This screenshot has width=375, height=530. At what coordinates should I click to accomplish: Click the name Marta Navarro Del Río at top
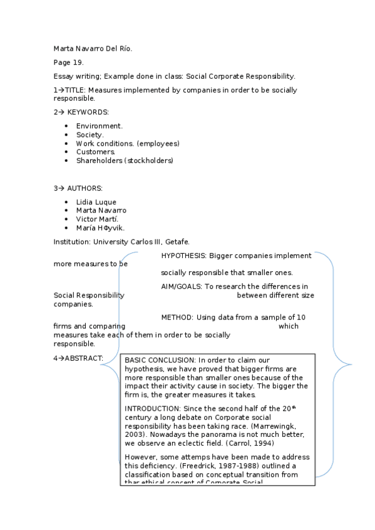(93, 48)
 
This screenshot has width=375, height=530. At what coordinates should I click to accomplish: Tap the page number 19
(78, 62)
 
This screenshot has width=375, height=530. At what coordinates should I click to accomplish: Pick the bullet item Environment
(100, 126)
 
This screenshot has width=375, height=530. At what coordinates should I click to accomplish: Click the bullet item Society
(90, 134)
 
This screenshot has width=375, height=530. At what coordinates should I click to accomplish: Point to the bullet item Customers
(96, 152)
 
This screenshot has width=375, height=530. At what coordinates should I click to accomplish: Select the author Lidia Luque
(96, 202)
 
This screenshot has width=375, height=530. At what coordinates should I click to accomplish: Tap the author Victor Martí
(97, 219)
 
